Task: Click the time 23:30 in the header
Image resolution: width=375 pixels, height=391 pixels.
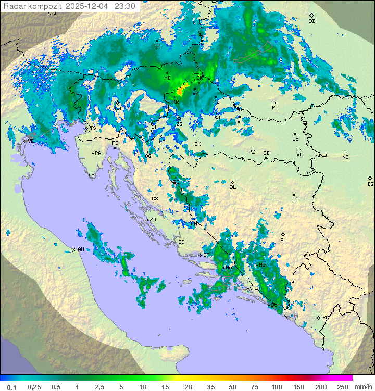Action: [x=126, y=6]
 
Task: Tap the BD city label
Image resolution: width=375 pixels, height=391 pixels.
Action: [x=312, y=21]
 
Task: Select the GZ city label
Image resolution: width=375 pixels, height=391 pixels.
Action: [x=157, y=46]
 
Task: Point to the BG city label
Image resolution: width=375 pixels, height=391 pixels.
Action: [x=370, y=184]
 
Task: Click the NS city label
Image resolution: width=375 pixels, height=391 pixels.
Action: [x=345, y=157]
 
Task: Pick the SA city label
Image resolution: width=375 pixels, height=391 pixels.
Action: [x=283, y=241]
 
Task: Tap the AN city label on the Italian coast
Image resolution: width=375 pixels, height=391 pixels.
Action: [x=81, y=249]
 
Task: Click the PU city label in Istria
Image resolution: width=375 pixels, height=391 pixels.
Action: [x=94, y=175]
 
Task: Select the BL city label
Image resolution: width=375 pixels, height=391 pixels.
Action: [x=233, y=187]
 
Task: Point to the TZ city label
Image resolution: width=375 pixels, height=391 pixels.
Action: [x=294, y=200]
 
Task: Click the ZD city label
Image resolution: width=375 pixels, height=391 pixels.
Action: [x=153, y=220]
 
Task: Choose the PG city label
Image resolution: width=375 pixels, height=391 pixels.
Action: [x=326, y=317]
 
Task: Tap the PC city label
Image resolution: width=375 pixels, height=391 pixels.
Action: [x=276, y=108]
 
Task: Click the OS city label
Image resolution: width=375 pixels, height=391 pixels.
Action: [x=295, y=139]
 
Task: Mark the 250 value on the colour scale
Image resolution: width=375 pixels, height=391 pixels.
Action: [x=343, y=387]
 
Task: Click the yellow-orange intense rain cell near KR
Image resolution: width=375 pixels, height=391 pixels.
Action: [x=182, y=89]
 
